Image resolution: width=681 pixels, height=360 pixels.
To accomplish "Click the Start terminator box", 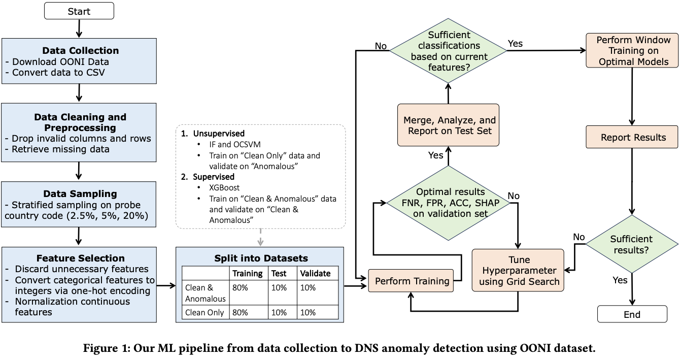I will [x=79, y=11].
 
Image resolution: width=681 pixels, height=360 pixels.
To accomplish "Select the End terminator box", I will [x=632, y=314].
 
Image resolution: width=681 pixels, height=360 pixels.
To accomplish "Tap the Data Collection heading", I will [x=80, y=51].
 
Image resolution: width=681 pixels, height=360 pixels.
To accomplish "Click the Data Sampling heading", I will [x=80, y=193].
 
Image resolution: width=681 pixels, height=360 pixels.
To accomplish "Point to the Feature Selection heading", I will [x=80, y=258].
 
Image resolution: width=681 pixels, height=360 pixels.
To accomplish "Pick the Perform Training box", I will [x=412, y=281].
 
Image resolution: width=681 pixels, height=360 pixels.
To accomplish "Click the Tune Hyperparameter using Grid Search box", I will [x=518, y=270].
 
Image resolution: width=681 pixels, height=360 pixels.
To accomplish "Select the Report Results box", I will [x=633, y=138].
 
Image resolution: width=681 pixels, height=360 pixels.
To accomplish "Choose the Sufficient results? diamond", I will [x=632, y=244].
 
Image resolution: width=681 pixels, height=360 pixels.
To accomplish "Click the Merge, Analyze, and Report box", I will [x=448, y=126].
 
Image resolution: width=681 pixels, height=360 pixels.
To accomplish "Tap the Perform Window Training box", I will [x=633, y=51].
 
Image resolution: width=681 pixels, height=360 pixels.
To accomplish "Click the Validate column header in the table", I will [x=315, y=273].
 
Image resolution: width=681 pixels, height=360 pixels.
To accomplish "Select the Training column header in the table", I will [x=247, y=273].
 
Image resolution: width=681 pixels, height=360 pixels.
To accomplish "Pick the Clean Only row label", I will [x=205, y=312].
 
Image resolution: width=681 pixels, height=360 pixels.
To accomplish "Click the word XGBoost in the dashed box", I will [x=224, y=187].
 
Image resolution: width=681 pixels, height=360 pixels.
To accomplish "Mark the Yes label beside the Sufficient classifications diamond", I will [x=515, y=44].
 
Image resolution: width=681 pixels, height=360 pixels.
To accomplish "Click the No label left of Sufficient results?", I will [x=580, y=237].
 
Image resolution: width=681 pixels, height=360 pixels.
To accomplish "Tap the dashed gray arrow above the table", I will [x=260, y=237].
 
